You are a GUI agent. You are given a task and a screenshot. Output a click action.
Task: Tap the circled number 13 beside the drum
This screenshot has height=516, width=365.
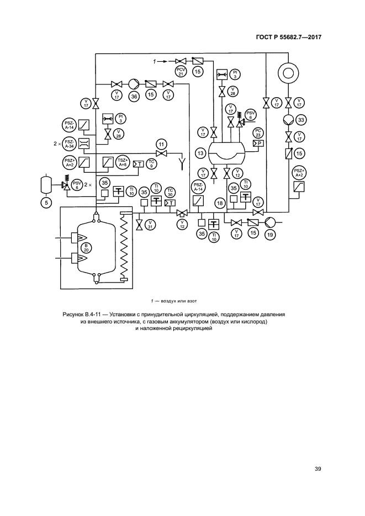pyautogui.click(x=200, y=152)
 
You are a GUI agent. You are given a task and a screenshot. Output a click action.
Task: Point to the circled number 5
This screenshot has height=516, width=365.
pyautogui.click(x=46, y=203)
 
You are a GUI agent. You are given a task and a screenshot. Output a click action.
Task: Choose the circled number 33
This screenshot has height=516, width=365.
pyautogui.click(x=301, y=119)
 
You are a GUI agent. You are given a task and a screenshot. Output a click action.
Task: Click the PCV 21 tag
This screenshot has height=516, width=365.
pyautogui.click(x=181, y=72)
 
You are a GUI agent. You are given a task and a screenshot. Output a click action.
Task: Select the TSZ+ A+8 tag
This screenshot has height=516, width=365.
pyautogui.click(x=122, y=162)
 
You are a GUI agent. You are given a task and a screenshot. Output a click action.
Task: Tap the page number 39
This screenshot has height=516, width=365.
pyautogui.click(x=318, y=470)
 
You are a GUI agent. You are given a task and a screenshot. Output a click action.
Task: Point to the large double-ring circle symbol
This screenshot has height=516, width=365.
pyautogui.click(x=288, y=73)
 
